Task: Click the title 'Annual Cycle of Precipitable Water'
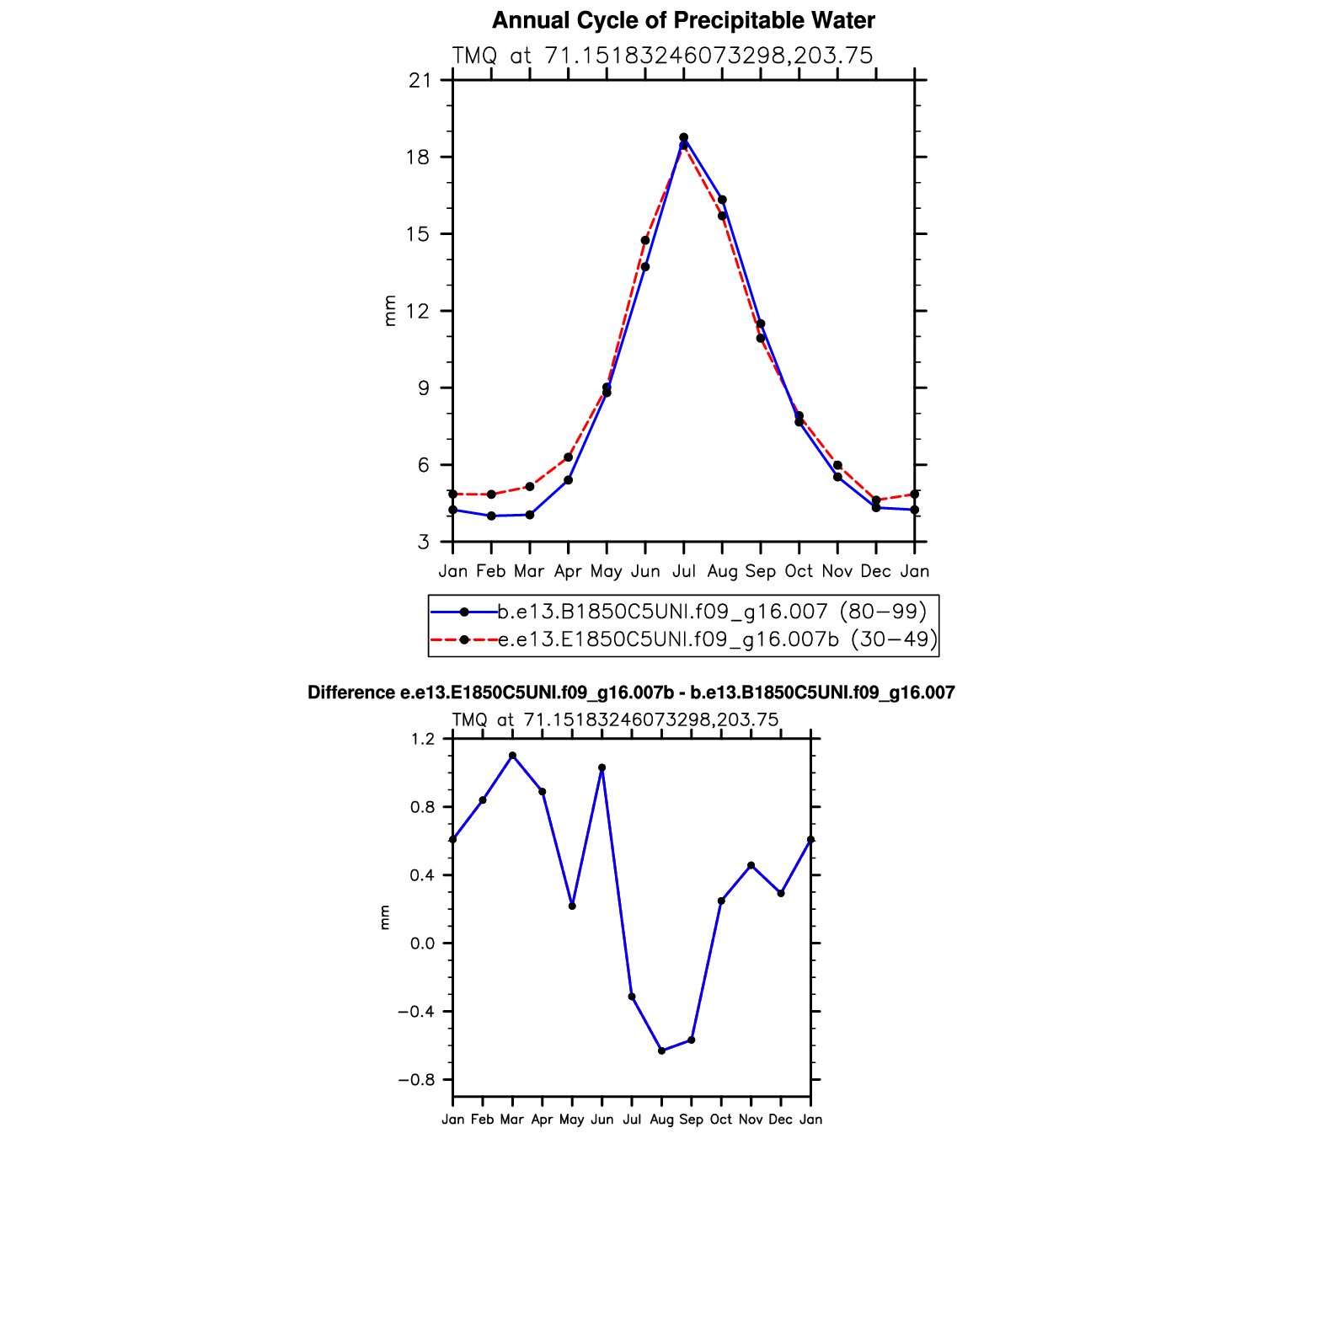(x=683, y=20)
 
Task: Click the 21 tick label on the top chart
(x=419, y=81)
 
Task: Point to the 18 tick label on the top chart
(x=419, y=158)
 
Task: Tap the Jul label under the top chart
(x=683, y=571)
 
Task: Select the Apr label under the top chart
(x=568, y=571)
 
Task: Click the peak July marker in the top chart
(x=683, y=137)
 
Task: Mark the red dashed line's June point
(x=645, y=240)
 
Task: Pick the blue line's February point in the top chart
(x=491, y=516)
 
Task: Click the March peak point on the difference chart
(x=512, y=756)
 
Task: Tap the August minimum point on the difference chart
(x=661, y=1051)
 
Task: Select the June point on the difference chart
(x=602, y=767)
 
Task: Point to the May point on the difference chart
(x=572, y=906)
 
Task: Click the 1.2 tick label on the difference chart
(x=424, y=739)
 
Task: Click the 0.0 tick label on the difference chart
(x=424, y=944)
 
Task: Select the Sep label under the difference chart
(x=691, y=1120)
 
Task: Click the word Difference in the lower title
(x=350, y=693)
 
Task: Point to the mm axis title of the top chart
(x=389, y=311)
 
